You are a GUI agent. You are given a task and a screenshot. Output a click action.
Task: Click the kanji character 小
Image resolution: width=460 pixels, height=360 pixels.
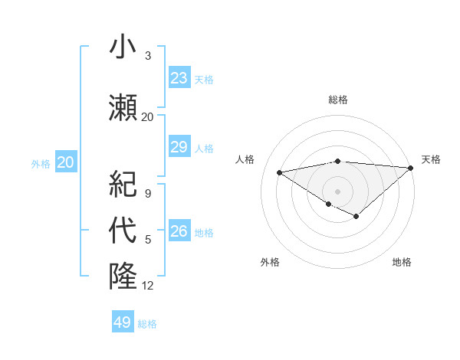123,48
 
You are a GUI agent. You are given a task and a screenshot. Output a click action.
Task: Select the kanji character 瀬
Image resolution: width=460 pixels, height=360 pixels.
123,107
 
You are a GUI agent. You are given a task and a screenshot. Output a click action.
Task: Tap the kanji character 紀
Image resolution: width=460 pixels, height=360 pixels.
123,185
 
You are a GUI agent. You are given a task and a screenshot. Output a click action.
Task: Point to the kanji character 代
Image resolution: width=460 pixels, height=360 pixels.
123,231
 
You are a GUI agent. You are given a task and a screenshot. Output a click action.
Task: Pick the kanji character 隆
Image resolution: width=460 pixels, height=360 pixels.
123,276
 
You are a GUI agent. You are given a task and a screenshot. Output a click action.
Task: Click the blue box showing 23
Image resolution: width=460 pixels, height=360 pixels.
179,78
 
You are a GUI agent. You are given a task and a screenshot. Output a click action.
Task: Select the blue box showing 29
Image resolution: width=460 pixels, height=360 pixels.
179,147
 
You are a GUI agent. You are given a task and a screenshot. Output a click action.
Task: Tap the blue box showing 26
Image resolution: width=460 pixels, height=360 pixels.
179,231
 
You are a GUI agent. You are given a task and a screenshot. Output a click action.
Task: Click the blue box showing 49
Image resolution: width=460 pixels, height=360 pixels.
123,322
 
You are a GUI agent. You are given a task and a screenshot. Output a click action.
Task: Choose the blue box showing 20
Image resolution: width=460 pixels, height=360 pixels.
66,162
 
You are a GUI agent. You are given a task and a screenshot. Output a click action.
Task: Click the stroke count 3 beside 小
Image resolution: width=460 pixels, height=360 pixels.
148,56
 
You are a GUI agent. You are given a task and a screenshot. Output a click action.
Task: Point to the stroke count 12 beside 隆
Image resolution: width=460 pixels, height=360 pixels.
148,286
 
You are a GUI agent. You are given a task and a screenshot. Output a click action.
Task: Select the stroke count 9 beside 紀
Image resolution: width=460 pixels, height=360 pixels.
148,194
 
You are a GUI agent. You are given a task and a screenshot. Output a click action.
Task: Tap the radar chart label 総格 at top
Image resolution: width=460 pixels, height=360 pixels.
337,100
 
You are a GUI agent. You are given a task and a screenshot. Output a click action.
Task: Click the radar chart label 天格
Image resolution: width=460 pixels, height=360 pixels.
431,159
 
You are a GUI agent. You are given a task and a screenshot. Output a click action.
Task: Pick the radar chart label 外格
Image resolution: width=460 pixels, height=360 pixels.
270,262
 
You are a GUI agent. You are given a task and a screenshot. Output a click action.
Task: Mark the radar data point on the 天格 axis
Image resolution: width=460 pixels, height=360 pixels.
411,168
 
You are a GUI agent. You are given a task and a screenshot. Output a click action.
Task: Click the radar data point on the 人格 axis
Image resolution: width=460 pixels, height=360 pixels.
280,172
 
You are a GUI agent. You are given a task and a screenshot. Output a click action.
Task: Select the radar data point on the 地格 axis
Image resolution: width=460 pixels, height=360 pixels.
356,217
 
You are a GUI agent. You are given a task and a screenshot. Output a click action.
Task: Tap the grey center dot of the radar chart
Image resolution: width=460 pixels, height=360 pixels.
337,190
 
